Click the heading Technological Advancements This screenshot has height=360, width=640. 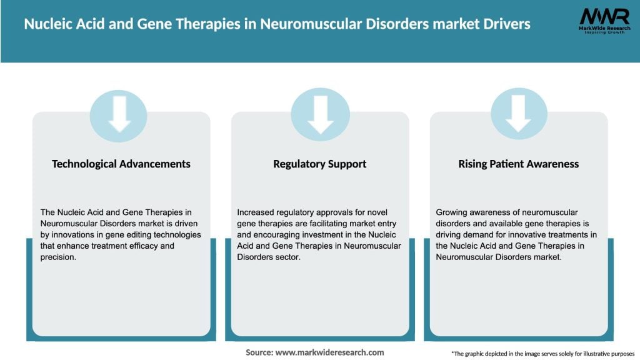(121, 164)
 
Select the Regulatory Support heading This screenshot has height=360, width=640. (319, 164)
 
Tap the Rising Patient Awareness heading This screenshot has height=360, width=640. (519, 164)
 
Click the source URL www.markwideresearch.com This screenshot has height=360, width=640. (329, 352)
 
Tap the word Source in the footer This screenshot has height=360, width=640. (258, 352)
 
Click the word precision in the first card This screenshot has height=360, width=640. (57, 257)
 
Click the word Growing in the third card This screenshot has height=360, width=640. (451, 212)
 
